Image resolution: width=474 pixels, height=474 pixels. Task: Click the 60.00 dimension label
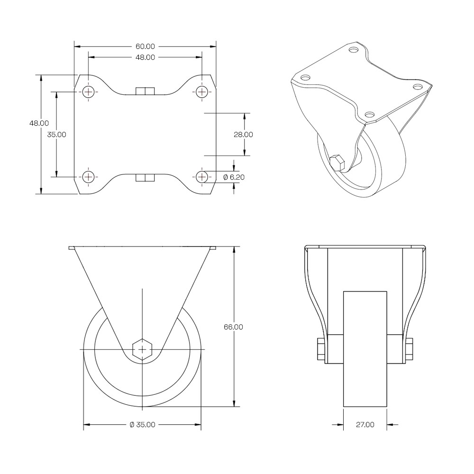[145, 46]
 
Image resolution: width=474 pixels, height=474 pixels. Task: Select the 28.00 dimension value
[243, 135]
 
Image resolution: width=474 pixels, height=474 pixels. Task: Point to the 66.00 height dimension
[233, 327]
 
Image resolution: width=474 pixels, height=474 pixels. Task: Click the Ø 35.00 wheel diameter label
[142, 425]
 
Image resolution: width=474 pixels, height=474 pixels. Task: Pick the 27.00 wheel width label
[365, 425]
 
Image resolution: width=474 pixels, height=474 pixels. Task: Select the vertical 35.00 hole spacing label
[56, 135]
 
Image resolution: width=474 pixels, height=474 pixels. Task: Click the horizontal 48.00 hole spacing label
[145, 57]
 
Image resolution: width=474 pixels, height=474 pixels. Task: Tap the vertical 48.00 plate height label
[39, 123]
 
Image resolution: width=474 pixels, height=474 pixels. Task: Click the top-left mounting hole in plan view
[89, 91]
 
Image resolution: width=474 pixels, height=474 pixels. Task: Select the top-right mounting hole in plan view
[201, 91]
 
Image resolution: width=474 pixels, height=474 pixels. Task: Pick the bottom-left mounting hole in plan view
[89, 176]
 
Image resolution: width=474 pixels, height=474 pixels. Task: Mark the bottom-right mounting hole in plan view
[201, 176]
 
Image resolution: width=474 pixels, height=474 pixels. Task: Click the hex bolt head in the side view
[142, 350]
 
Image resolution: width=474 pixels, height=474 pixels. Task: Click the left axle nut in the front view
[321, 349]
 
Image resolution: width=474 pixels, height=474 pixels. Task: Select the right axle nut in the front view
[410, 349]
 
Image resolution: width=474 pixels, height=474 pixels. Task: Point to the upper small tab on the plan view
[145, 91]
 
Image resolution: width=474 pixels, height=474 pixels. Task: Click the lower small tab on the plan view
[145, 178]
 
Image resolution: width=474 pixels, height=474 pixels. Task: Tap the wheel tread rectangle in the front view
[365, 349]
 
